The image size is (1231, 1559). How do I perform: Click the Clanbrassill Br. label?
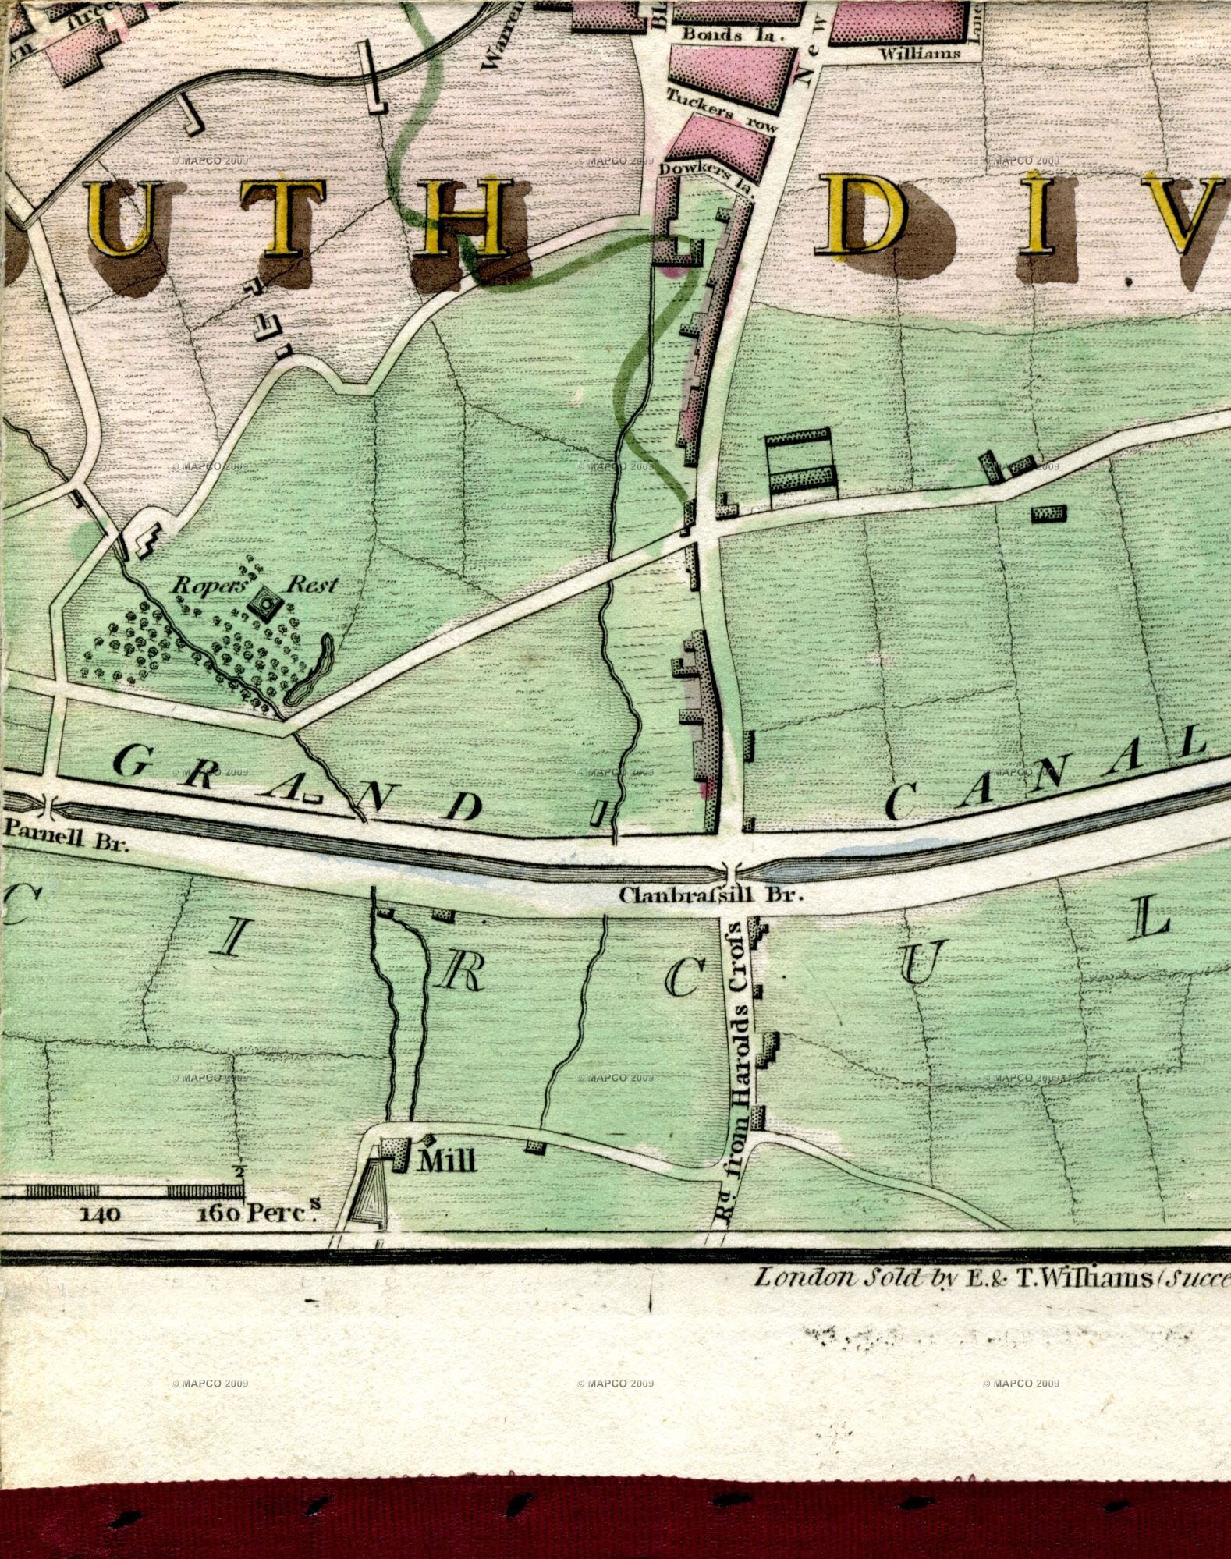coord(711,895)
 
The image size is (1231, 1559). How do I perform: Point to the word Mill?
coord(447,1162)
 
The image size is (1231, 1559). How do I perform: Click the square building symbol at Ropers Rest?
coord(267,603)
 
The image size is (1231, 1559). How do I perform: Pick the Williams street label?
coord(920,53)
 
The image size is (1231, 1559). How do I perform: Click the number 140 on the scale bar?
coord(99,1214)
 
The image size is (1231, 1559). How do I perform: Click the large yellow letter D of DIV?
coord(866,215)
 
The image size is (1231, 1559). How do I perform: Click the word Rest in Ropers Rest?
coord(312,585)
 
